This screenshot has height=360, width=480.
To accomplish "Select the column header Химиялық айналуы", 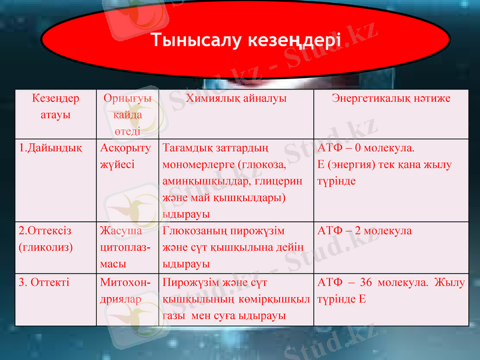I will (x=236, y=98).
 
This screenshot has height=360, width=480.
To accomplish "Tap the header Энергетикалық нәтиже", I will (x=391, y=98).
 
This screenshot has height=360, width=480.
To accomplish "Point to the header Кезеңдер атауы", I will (x=55, y=106).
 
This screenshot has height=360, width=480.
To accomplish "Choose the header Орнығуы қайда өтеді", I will (x=127, y=114).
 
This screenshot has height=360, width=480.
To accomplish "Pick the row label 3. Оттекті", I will (x=44, y=282).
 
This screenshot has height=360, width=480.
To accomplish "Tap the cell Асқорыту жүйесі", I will (x=125, y=155).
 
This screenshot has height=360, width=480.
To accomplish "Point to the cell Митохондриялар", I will (x=125, y=290).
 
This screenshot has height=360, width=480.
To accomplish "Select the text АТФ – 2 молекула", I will (x=364, y=230).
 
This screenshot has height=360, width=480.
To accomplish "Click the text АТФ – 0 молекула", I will (x=366, y=148).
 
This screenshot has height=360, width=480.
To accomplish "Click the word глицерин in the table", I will (x=284, y=181).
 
